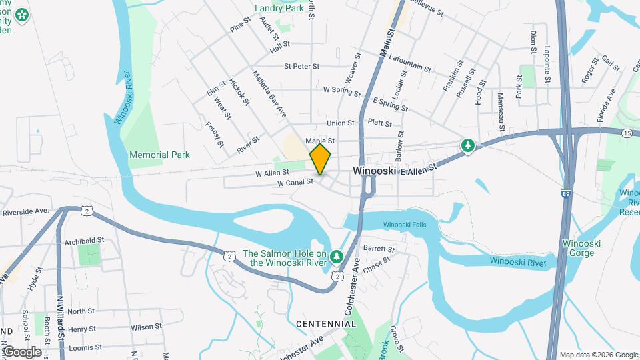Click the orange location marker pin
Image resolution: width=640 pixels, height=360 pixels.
click(320, 159)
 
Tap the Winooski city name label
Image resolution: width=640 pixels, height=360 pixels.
click(375, 171)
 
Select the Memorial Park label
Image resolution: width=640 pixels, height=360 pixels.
click(159, 155)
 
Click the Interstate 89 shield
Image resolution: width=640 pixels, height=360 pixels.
click(565, 193)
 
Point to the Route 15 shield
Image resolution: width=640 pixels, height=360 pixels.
click(627, 133)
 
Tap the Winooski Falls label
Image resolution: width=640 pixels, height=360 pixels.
click(404, 225)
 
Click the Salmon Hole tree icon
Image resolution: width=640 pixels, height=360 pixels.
click(337, 256)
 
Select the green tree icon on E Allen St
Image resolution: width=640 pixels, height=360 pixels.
click(469, 145)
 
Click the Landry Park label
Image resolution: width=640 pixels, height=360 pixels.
click(279, 9)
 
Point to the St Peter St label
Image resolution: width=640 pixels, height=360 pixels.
click(302, 66)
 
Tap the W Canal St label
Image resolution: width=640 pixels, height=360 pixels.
click(295, 181)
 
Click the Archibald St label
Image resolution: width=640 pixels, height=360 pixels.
click(85, 240)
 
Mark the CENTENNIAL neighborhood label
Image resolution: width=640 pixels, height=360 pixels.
click(326, 324)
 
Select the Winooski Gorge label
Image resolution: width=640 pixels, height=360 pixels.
click(581, 248)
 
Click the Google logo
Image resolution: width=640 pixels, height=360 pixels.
click(23, 351)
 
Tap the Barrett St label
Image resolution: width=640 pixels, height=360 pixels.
click(379, 249)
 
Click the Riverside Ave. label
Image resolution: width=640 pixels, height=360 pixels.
click(26, 211)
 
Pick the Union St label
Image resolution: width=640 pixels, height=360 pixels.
click(340, 123)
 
